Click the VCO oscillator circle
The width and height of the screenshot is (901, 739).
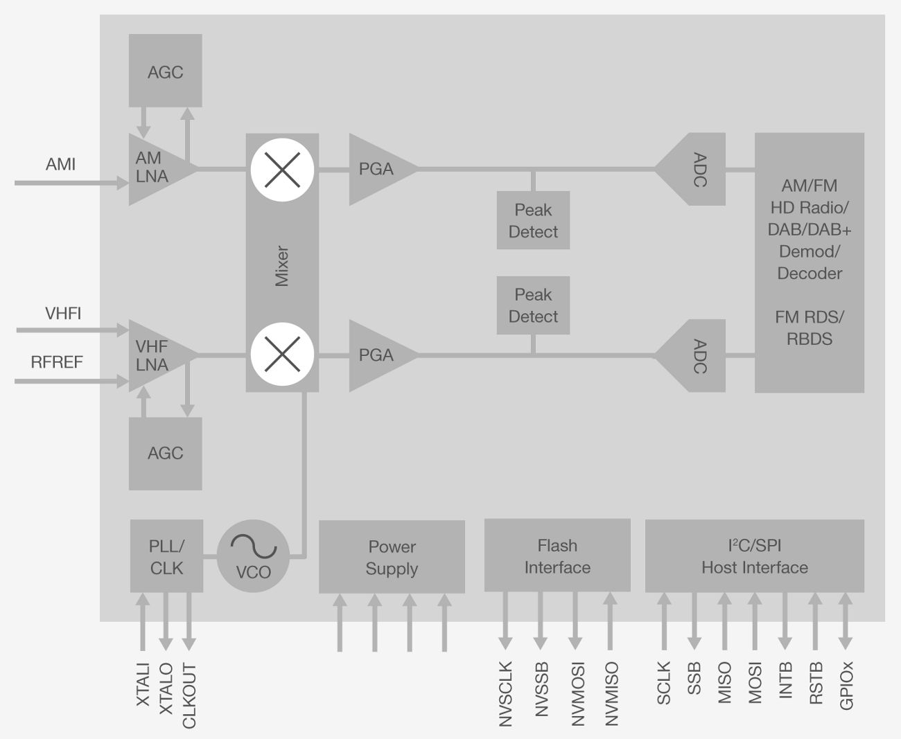pyautogui.click(x=253, y=556)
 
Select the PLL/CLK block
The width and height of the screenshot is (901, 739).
pyautogui.click(x=166, y=556)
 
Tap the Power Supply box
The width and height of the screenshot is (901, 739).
pyautogui.click(x=392, y=557)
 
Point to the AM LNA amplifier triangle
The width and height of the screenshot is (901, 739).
pyautogui.click(x=156, y=168)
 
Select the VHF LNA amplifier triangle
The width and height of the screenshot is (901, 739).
pyautogui.click(x=156, y=355)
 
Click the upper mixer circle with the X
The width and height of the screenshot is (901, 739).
pyautogui.click(x=283, y=170)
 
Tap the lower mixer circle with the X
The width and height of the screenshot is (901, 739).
pyautogui.click(x=283, y=355)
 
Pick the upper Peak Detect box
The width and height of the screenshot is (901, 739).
pyautogui.click(x=533, y=220)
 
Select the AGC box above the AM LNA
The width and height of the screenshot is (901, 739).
pyautogui.click(x=165, y=71)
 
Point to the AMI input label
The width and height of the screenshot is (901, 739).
pyautogui.click(x=60, y=165)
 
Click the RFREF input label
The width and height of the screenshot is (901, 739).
pyautogui.click(x=57, y=362)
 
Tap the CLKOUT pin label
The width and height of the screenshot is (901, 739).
pyautogui.click(x=189, y=695)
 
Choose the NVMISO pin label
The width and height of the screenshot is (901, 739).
pyautogui.click(x=611, y=694)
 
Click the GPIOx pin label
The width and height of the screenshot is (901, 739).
pyautogui.click(x=846, y=686)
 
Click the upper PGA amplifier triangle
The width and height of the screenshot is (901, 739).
pyautogui.click(x=378, y=169)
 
